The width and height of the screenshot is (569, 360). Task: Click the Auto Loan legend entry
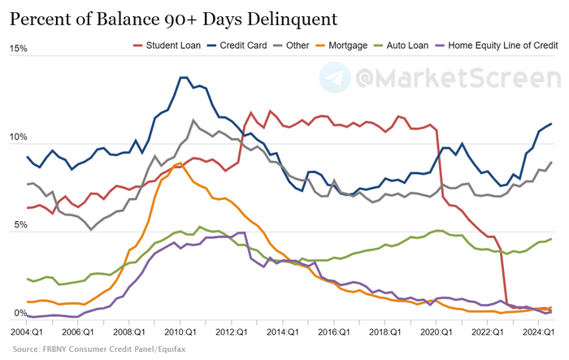402,46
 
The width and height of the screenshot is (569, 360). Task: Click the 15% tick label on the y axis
18,50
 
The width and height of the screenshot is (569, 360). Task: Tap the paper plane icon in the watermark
333,79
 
